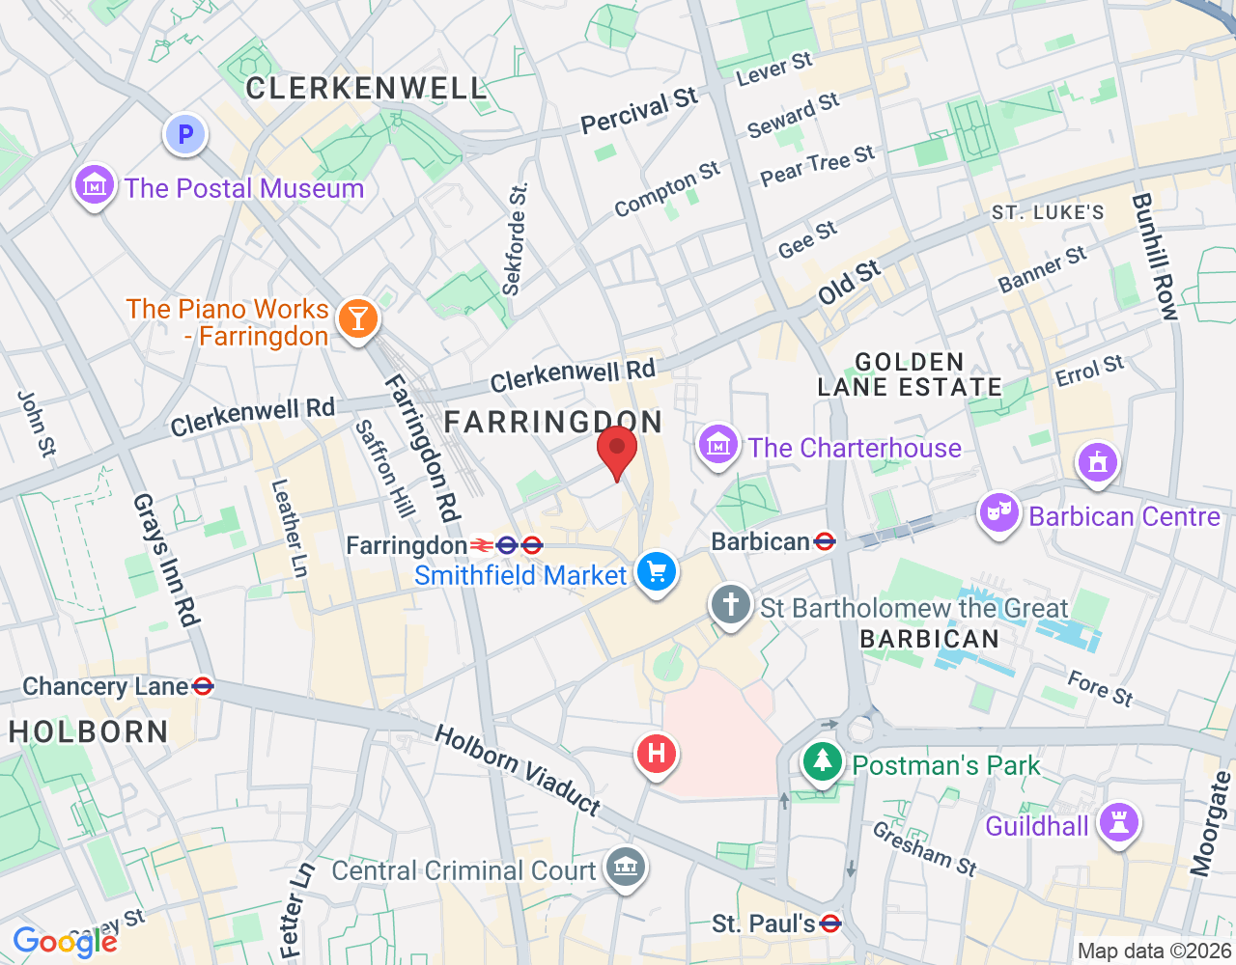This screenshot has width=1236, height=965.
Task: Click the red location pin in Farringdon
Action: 617,451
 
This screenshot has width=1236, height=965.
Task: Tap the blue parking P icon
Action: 185,135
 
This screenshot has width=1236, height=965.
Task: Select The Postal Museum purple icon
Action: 95,184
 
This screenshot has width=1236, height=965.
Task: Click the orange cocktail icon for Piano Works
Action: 358,317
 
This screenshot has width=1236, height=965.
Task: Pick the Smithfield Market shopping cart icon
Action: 658,572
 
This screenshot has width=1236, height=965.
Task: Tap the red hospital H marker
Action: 657,753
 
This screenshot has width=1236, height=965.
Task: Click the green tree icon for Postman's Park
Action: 823,761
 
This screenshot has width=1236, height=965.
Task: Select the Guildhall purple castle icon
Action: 1119,823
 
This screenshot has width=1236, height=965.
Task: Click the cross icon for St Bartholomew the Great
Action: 730,605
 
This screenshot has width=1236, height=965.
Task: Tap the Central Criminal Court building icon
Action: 625,867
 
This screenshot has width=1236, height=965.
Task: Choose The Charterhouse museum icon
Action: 718,445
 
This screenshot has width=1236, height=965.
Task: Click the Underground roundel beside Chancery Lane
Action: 203,686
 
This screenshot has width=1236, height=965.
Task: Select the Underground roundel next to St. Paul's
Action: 829,924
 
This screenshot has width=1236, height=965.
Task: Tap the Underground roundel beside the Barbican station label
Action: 825,541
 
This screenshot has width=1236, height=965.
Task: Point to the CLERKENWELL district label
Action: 366,89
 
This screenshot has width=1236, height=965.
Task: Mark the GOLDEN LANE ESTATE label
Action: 910,374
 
